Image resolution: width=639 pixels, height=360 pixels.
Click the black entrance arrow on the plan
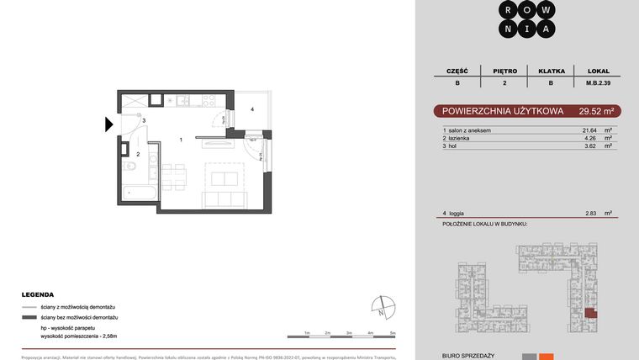109,125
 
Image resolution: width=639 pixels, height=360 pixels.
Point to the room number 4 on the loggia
251,110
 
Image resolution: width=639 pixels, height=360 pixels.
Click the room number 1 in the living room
182,140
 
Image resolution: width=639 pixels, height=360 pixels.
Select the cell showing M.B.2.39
598,83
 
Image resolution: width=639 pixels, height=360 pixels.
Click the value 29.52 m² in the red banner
596,111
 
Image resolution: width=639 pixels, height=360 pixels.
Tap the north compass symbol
383,305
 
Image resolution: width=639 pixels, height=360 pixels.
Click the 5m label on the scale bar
393,334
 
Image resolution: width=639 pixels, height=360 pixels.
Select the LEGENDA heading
38,295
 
